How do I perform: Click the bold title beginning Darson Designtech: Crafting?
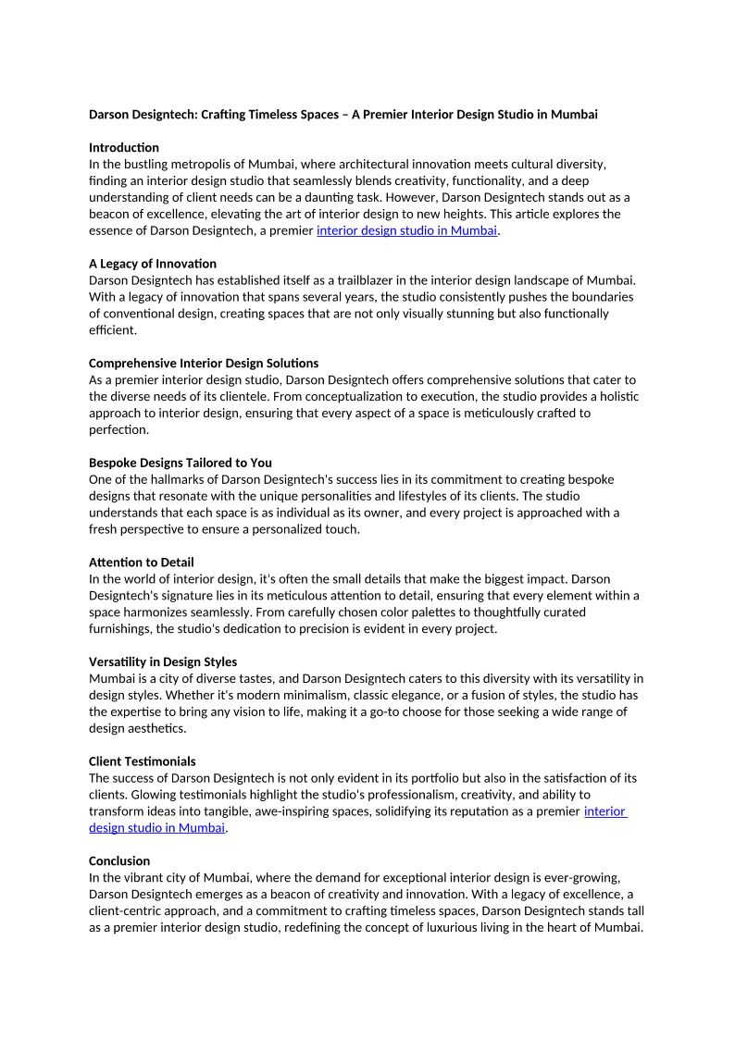pos(343,115)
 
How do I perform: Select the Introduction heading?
pos(124,147)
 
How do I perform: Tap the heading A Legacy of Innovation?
pos(153,264)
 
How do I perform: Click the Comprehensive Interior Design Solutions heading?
pos(204,363)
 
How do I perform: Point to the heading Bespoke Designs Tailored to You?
pos(181,463)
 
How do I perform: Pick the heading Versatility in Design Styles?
pos(163,662)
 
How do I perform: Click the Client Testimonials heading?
pos(143,761)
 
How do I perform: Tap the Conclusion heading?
pos(119,860)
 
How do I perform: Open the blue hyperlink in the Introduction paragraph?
pos(407,230)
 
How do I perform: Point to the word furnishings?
pos(123,628)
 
